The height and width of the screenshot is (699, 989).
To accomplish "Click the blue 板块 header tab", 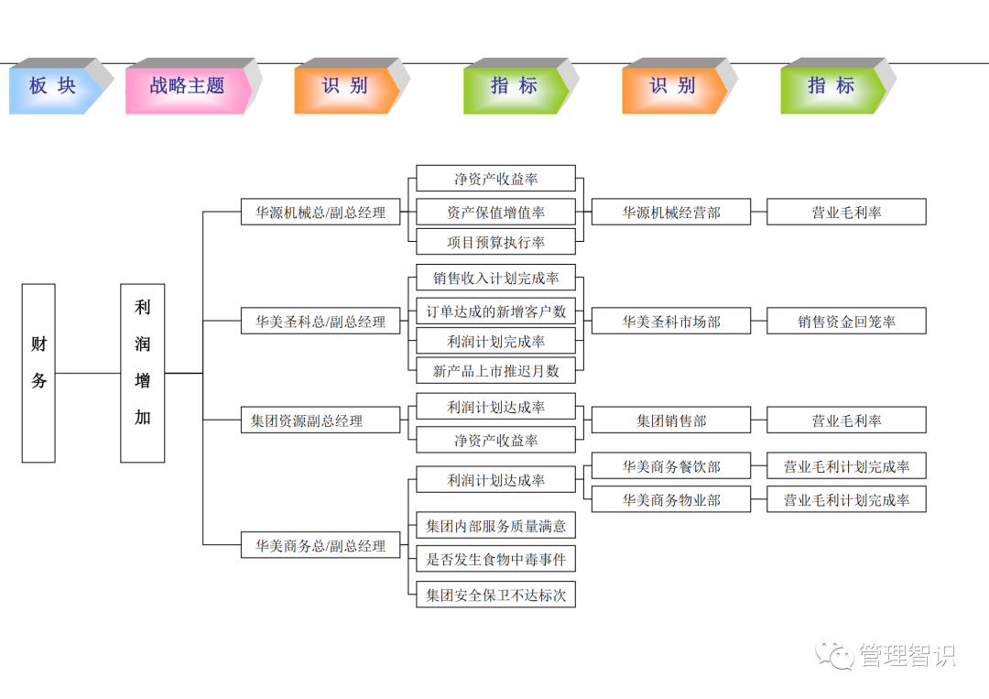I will pyautogui.click(x=52, y=87).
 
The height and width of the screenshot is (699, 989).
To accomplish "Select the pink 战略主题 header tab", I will pyautogui.click(x=187, y=87).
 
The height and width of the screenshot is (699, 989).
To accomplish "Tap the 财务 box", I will pyautogui.click(x=38, y=373).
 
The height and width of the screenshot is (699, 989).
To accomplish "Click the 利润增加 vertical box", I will pyautogui.click(x=143, y=373).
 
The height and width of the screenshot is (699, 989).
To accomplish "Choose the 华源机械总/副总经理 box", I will pyautogui.click(x=321, y=213).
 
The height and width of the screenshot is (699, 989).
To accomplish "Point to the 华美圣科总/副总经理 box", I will pyautogui.click(x=321, y=322).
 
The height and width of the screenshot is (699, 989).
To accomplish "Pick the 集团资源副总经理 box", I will pyautogui.click(x=321, y=420).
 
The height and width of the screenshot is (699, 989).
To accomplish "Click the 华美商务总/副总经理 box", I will pyautogui.click(x=321, y=546).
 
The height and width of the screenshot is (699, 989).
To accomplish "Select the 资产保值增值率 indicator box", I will pyautogui.click(x=495, y=213).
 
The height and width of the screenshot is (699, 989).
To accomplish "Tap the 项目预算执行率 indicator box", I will pyautogui.click(x=495, y=242).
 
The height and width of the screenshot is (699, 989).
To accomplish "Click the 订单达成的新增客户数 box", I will pyautogui.click(x=495, y=311).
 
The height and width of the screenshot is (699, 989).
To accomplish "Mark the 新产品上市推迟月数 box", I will pyautogui.click(x=495, y=371).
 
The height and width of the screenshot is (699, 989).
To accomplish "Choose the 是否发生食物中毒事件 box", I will pyautogui.click(x=495, y=559).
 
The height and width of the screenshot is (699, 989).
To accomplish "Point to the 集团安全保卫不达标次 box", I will pyautogui.click(x=495, y=595).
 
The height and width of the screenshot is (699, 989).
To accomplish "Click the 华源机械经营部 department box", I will pyautogui.click(x=671, y=213).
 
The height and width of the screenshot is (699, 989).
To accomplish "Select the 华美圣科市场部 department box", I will pyautogui.click(x=671, y=322).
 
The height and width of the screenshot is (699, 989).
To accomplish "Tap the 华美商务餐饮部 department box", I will pyautogui.click(x=671, y=466).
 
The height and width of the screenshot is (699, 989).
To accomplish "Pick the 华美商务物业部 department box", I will pyautogui.click(x=671, y=499).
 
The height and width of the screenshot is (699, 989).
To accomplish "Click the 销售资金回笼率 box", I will pyautogui.click(x=846, y=322).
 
